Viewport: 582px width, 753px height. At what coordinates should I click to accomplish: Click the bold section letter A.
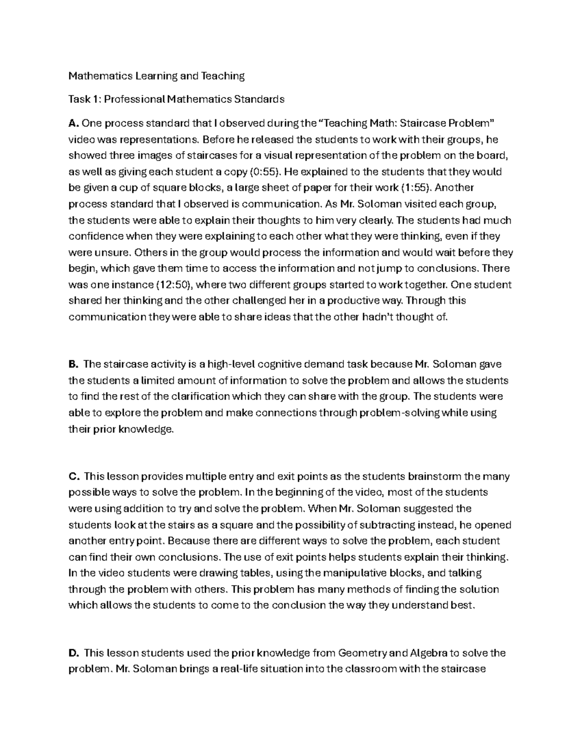pyautogui.click(x=73, y=124)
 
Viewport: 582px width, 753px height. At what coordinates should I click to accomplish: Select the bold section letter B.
pyautogui.click(x=73, y=364)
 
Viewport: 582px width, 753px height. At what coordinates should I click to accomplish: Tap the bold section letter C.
pyautogui.click(x=73, y=476)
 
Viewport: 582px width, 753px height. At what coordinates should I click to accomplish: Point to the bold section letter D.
pyautogui.click(x=73, y=653)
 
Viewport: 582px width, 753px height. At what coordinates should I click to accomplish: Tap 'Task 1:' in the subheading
pyautogui.click(x=85, y=99)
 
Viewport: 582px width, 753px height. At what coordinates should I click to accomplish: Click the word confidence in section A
pyautogui.click(x=96, y=236)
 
